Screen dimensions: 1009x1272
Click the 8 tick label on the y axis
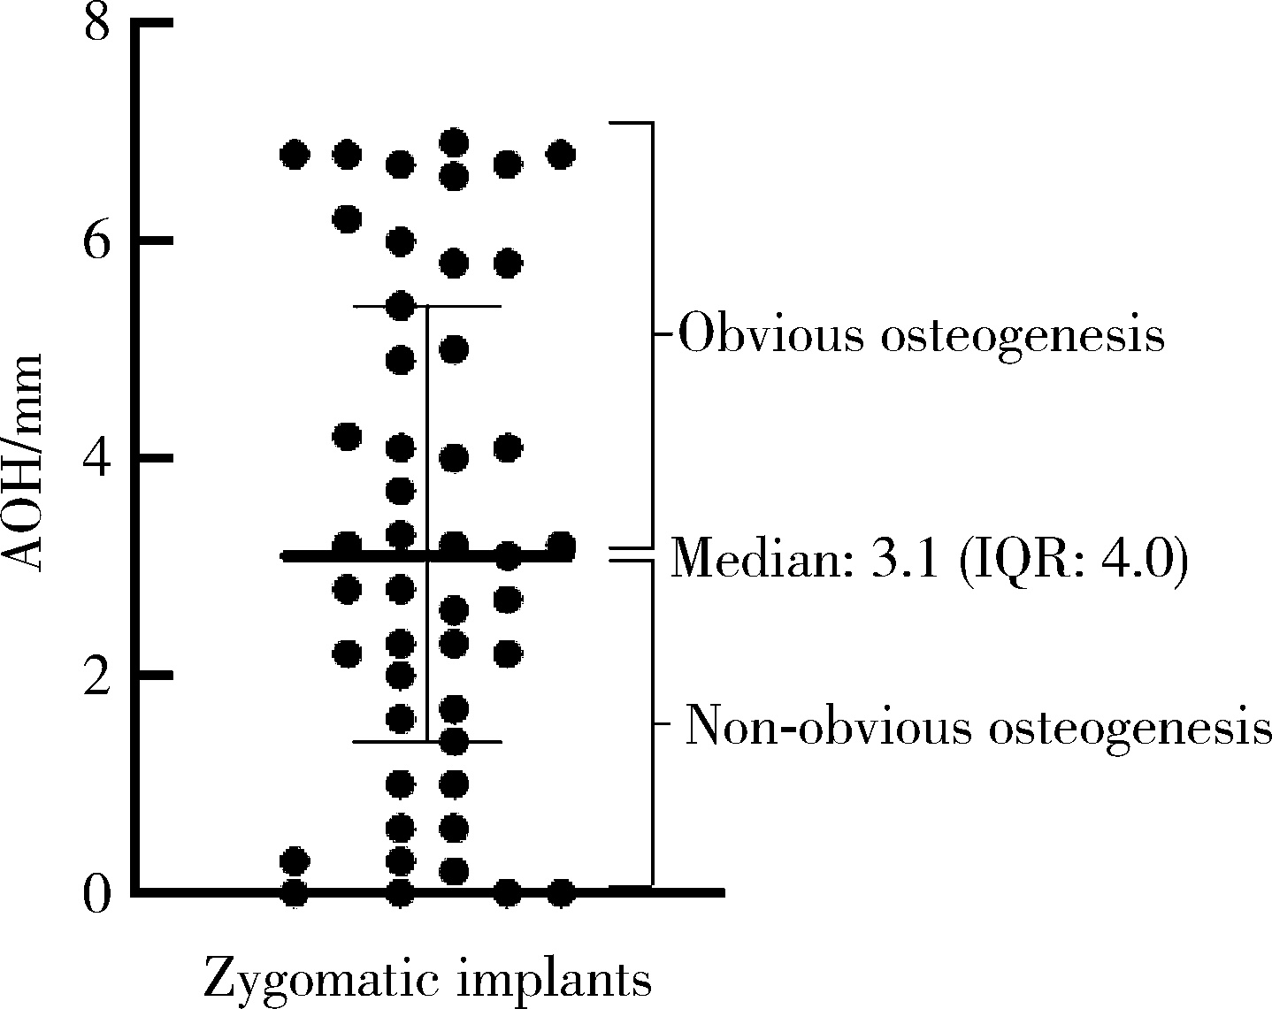click(x=96, y=23)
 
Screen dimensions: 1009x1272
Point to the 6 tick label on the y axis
click(x=96, y=241)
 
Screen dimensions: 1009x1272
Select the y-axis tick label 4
click(x=96, y=458)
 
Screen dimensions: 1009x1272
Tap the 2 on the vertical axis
click(x=96, y=676)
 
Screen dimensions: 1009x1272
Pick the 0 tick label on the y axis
click(x=96, y=893)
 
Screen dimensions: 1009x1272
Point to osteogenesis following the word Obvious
click(x=1021, y=335)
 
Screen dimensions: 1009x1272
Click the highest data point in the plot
click(x=454, y=143)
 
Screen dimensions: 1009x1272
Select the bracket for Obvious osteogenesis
click(x=652, y=335)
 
